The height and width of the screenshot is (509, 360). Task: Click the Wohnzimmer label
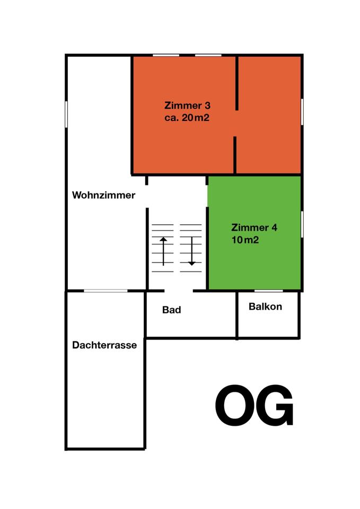coord(103,195)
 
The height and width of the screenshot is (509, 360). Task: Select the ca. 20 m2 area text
coord(187,118)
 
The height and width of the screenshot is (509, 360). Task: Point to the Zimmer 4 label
coord(254,228)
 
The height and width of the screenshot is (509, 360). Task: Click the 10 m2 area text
coord(245,240)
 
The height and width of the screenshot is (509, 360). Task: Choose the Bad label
coord(171,310)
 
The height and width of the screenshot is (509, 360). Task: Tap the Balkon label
coord(265,306)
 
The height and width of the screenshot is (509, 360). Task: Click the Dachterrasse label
coord(104,345)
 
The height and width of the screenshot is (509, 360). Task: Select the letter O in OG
coord(236,406)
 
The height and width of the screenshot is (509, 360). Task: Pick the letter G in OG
coord(274,406)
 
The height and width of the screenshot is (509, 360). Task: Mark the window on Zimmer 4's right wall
coord(302,224)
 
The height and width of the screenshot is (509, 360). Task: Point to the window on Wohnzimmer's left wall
coord(66,113)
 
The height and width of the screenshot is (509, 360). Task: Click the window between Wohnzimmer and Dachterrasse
coord(106,291)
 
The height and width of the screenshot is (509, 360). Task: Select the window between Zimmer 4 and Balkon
coord(268,291)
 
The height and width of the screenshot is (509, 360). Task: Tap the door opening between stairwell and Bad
coord(178,291)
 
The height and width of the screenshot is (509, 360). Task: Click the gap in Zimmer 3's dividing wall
coord(236,123)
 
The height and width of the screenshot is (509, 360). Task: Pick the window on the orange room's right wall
coord(302,111)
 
